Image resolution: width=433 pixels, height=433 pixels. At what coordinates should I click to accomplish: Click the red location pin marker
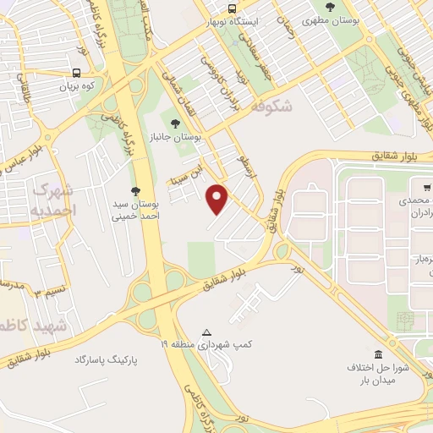(x=219, y=200)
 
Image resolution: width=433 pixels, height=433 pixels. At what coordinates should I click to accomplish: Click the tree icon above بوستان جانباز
(x=175, y=123)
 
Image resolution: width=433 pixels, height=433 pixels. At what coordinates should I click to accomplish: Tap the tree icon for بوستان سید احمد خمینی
(x=135, y=190)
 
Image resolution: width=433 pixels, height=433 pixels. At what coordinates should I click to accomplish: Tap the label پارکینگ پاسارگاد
(x=106, y=360)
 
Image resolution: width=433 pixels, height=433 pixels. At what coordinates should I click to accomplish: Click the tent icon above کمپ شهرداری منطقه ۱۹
(x=207, y=332)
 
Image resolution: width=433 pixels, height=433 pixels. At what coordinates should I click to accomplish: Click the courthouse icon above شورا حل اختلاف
(x=377, y=354)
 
